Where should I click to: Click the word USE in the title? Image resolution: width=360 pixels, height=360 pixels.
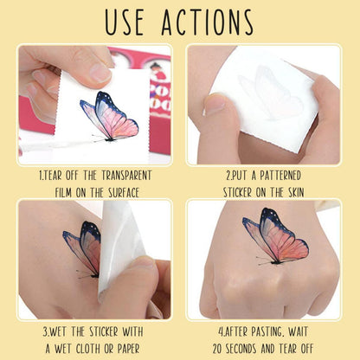[x=124, y=22]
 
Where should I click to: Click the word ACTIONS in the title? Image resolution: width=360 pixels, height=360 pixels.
[x=208, y=22]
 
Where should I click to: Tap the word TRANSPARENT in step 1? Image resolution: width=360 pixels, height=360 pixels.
[x=126, y=176]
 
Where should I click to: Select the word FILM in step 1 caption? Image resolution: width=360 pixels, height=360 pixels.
[x=63, y=193]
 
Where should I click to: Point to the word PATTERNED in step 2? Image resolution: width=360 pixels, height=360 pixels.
[x=280, y=176]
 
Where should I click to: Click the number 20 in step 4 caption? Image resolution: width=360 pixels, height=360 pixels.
[x=218, y=349]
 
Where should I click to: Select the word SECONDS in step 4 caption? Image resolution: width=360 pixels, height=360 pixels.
[x=242, y=349]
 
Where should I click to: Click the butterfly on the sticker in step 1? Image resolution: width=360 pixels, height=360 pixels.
[x=110, y=117]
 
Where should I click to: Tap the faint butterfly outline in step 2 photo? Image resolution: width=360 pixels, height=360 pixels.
[x=270, y=93]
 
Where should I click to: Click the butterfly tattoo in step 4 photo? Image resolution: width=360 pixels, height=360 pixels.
[x=275, y=236]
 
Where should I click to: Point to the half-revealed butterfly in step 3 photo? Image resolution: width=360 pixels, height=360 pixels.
[x=82, y=249]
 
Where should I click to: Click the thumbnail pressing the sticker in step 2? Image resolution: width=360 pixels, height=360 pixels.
[x=214, y=105]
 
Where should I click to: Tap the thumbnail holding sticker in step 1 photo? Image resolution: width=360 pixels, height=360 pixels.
[x=100, y=72]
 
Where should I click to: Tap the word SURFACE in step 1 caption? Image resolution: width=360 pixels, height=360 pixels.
[x=124, y=193]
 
